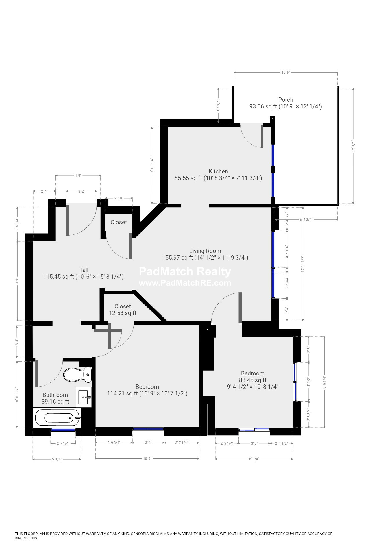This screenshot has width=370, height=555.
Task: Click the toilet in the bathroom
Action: (x=77, y=375)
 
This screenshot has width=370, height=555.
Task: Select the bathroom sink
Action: (x=84, y=397)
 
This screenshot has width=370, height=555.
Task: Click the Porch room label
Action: (x=286, y=100)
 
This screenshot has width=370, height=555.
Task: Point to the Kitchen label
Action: (x=218, y=171)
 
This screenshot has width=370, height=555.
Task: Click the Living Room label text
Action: (x=205, y=251)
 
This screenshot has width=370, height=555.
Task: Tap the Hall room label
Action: (x=83, y=270)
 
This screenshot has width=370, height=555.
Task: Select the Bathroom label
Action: (x=55, y=395)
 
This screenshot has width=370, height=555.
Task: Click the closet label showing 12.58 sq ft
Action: (x=123, y=310)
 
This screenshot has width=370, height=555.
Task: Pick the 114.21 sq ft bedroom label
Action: (x=147, y=390)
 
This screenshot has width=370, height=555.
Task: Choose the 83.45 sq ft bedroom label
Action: (x=253, y=380)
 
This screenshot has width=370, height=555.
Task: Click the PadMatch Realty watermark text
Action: (x=185, y=272)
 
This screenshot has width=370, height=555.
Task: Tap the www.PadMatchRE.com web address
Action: (x=185, y=283)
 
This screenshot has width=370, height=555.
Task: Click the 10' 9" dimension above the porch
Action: (x=286, y=72)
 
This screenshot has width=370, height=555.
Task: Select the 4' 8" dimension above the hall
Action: (x=78, y=175)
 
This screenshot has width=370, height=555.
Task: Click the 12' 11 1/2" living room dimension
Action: (x=303, y=264)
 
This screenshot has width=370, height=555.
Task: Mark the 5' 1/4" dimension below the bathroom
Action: (x=57, y=459)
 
